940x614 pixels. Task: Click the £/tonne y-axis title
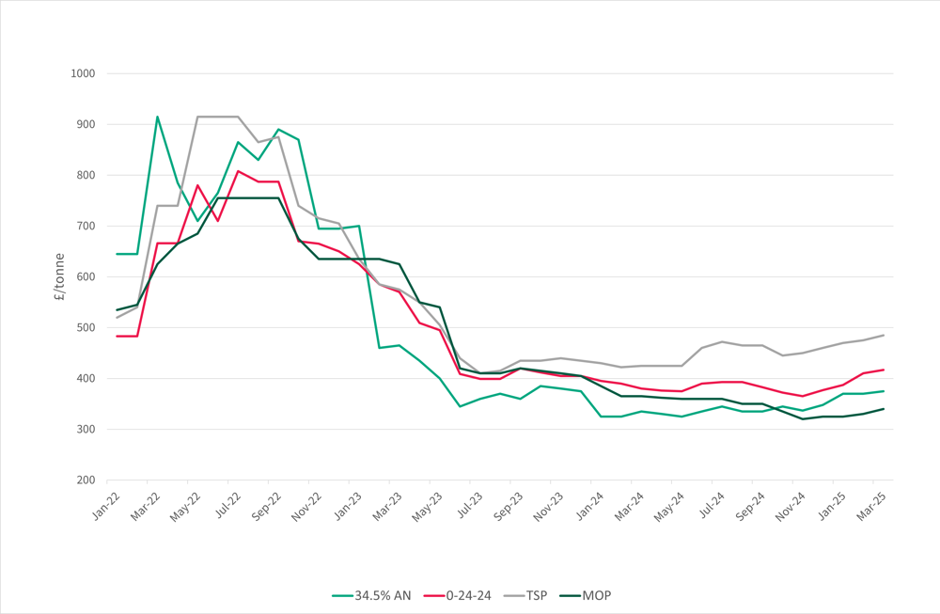(x=58, y=276)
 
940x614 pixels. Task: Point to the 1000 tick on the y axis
(x=85, y=73)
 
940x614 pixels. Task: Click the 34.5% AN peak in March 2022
(x=157, y=117)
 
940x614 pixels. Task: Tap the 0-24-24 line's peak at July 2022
(x=238, y=171)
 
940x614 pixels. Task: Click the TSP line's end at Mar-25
(x=884, y=336)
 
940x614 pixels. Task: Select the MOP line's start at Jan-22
(x=117, y=310)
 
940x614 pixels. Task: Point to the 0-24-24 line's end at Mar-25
(x=884, y=370)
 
